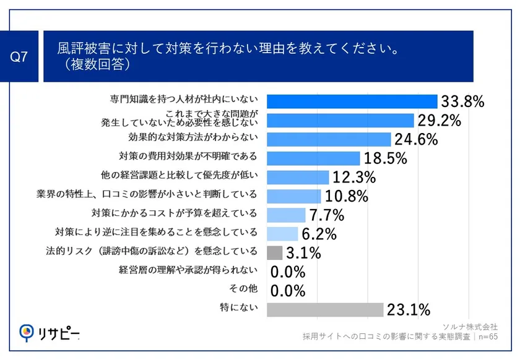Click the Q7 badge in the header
(20, 56)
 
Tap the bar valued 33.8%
(352, 101)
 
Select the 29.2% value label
(439, 121)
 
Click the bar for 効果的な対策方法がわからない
(329, 139)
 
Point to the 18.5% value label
(385, 159)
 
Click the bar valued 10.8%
(293, 197)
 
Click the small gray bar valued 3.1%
(274, 252)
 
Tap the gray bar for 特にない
(325, 309)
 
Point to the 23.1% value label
(408, 309)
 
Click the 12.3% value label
(354, 178)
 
